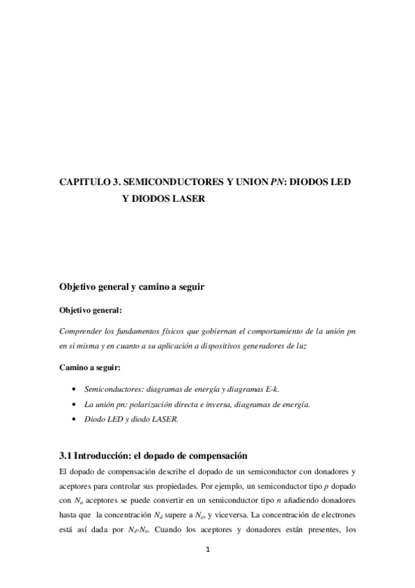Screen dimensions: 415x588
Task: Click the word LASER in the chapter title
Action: [x=189, y=198]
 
